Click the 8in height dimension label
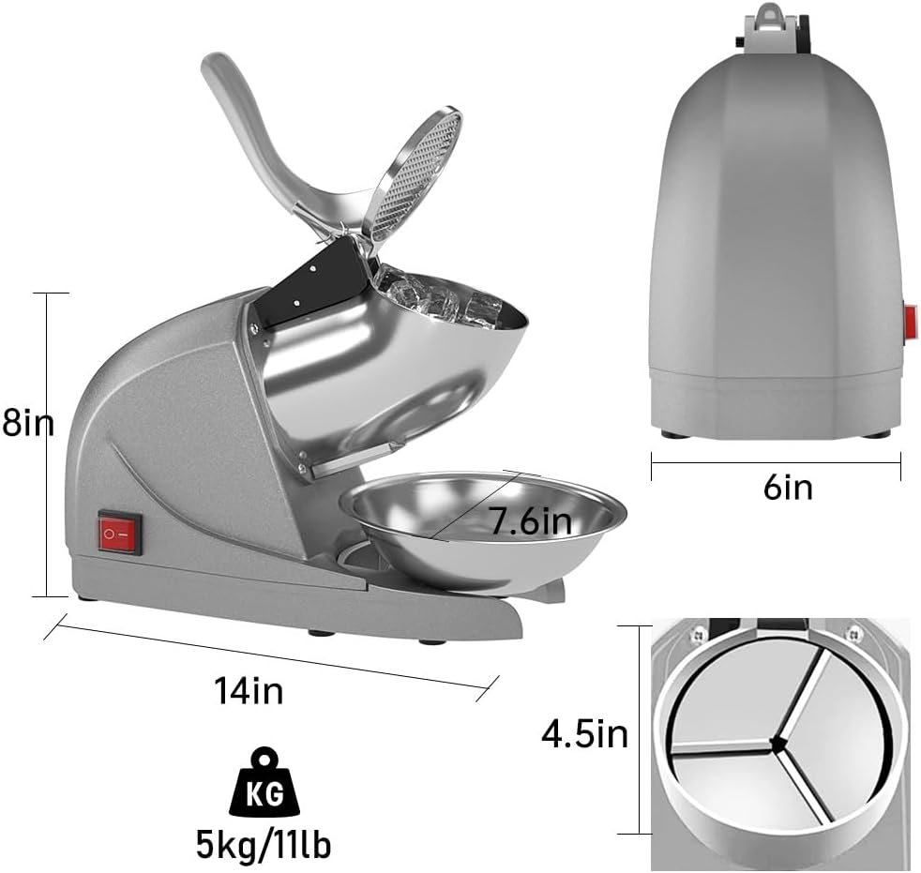click(x=28, y=424)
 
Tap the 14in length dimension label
click(x=249, y=692)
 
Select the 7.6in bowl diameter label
click(x=531, y=520)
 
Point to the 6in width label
click(x=787, y=488)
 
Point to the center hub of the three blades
click(x=776, y=745)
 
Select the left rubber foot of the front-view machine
click(x=673, y=434)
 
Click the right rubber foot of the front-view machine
click(x=876, y=434)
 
